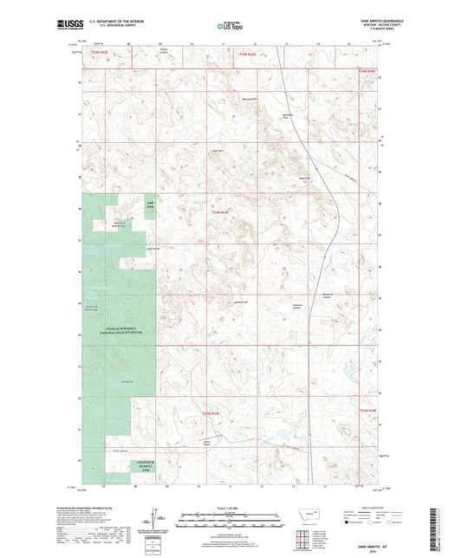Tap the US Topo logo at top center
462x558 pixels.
[230, 27]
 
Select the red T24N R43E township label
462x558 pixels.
[220, 212]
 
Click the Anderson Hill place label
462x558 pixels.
[242, 302]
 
